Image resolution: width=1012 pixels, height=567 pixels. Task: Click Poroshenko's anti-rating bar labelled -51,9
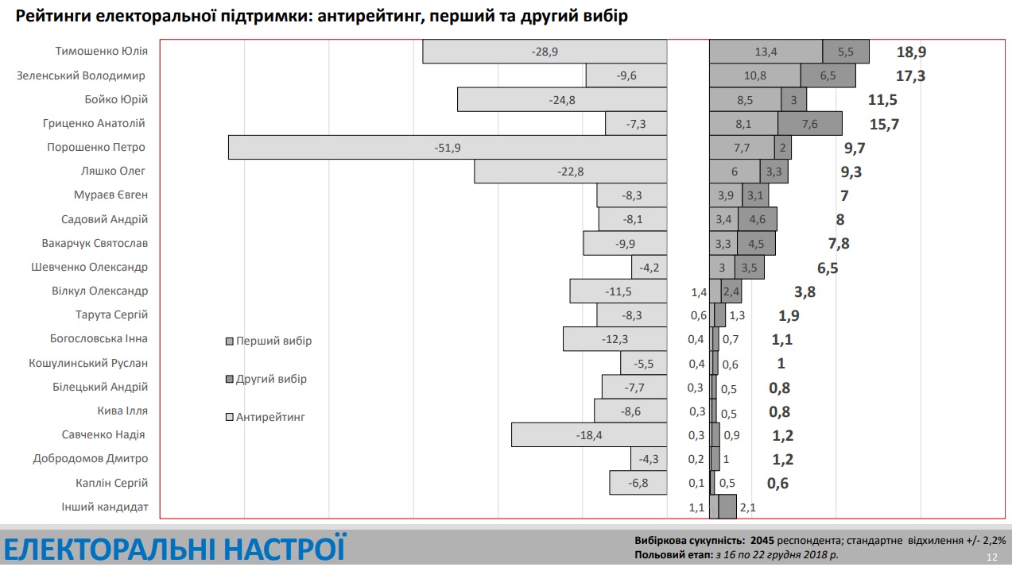(447, 148)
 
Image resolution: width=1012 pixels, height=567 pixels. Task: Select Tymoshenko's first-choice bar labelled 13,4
(766, 52)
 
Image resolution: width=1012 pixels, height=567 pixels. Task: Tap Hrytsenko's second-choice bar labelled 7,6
(809, 124)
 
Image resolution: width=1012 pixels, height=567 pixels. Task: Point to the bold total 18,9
(911, 52)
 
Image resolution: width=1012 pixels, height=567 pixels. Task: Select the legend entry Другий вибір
(271, 380)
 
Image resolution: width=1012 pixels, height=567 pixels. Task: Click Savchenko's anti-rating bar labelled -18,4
(588, 435)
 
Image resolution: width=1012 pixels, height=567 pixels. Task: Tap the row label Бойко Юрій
(116, 100)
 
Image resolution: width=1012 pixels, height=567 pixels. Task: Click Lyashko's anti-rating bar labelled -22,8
(570, 172)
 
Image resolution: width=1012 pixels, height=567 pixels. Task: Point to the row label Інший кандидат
(105, 507)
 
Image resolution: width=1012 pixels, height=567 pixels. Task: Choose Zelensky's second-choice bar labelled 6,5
(828, 75)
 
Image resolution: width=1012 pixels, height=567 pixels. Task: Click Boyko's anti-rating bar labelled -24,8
(561, 100)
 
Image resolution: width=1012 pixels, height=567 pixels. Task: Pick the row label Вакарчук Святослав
(95, 243)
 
